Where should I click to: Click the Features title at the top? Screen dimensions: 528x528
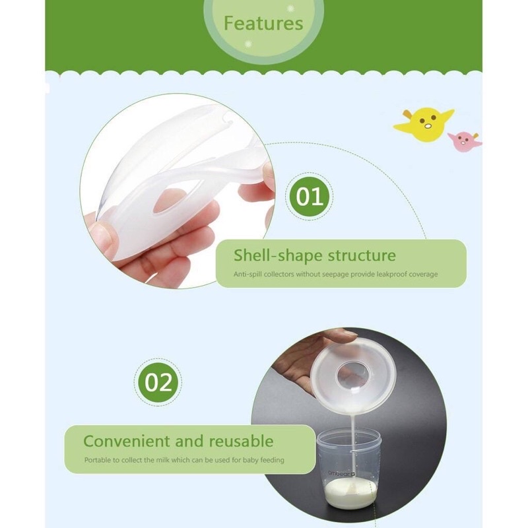tap(263, 23)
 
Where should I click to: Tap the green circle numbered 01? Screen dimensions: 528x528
tap(309, 197)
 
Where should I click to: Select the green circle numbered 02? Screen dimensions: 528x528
tap(158, 383)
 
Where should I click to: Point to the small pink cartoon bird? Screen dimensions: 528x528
tap(464, 141)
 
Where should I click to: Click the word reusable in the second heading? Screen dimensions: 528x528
tap(241, 441)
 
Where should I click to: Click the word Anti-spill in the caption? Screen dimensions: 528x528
tap(247, 275)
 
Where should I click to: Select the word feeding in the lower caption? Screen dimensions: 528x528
tap(272, 460)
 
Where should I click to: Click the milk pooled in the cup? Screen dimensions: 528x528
tap(350, 492)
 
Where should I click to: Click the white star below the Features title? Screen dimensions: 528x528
tap(249, 44)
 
